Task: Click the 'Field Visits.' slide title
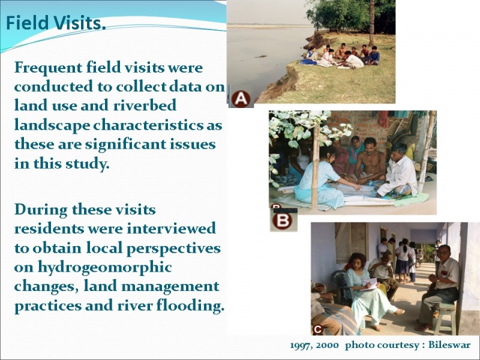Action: (x=56, y=23)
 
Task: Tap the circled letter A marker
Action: (x=241, y=99)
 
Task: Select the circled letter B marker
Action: (x=282, y=221)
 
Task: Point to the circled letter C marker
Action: (x=318, y=329)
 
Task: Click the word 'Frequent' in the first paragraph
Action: (x=48, y=68)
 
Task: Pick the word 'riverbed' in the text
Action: (x=145, y=105)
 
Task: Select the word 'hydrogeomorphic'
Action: (x=104, y=268)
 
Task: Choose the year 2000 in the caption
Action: (x=327, y=346)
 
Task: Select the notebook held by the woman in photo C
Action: (x=370, y=284)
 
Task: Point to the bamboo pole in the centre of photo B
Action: (x=314, y=167)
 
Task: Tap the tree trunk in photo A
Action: (x=371, y=23)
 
